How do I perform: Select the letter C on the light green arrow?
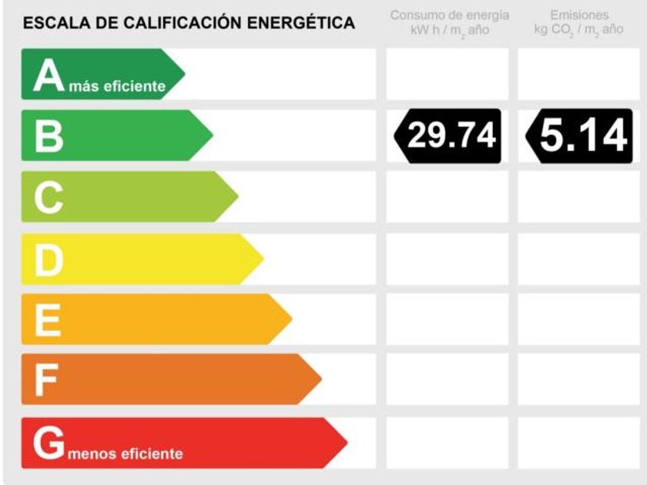click(48, 199)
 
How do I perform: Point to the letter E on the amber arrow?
click(48, 320)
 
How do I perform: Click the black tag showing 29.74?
click(449, 136)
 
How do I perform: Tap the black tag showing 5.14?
click(580, 136)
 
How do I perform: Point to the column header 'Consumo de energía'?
click(450, 15)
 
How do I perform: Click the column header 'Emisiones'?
click(579, 15)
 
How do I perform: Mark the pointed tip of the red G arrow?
click(347, 443)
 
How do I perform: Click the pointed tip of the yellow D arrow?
click(263, 259)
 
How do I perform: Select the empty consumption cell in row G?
click(448, 443)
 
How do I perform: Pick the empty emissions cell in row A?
click(579, 75)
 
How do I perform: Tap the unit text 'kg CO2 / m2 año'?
click(579, 30)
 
